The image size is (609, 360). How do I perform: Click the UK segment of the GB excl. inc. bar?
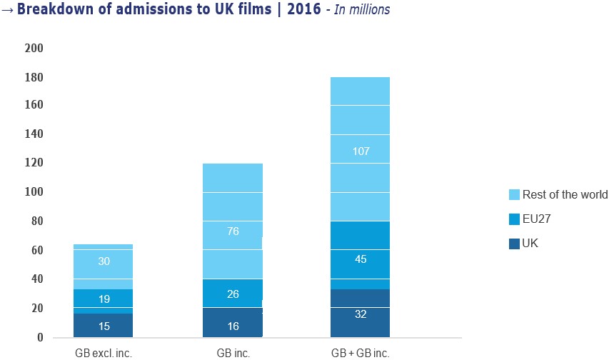point(104,326)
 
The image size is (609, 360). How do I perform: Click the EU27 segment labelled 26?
point(232,294)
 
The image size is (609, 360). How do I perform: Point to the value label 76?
point(232,231)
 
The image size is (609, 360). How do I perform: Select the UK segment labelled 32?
point(360,313)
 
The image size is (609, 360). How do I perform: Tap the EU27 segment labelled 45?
point(360,259)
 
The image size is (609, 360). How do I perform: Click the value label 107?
point(360,151)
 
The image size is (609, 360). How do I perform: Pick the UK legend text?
point(530,244)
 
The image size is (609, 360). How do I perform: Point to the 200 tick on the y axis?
point(35,48)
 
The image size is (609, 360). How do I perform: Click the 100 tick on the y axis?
point(35,193)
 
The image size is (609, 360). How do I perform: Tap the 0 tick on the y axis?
point(40,337)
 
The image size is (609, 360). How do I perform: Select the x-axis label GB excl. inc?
point(104,353)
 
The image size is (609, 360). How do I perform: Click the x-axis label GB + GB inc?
point(360,353)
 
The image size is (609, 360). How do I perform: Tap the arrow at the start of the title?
point(7,11)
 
